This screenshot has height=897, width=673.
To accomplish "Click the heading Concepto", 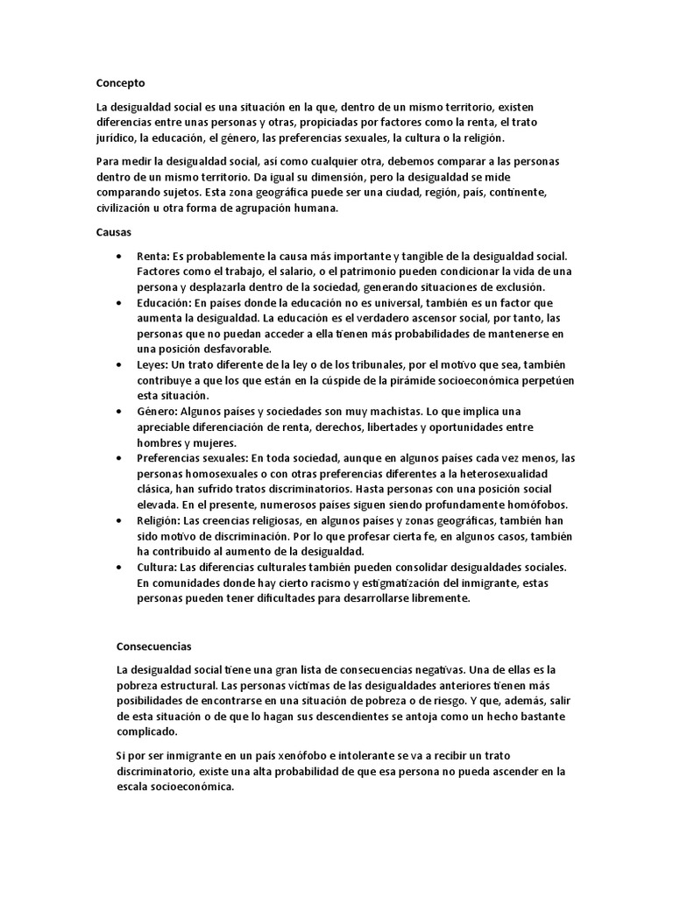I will coord(120,83).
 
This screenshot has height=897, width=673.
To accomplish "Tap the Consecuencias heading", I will coord(153,646).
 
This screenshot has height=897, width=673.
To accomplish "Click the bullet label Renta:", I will coord(153,256).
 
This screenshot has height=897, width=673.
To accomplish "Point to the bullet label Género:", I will coord(158,412).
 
